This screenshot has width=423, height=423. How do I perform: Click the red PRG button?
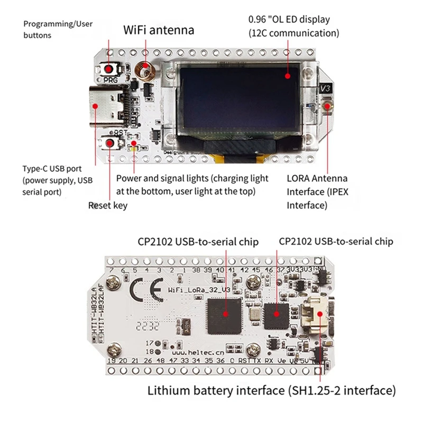pos(109,69)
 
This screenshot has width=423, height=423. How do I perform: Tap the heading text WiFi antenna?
pos(159,30)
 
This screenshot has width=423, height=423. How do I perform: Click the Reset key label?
pos(107,205)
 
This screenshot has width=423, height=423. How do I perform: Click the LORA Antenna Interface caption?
pos(317,191)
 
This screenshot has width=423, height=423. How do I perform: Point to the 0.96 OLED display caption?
pos(293,26)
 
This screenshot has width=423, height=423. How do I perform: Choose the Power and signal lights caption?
pos(192,185)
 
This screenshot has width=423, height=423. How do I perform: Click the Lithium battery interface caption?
pos(271,391)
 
